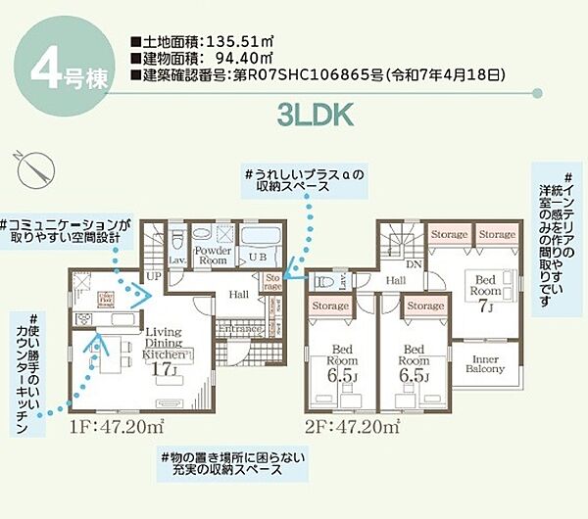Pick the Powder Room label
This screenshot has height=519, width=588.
click(212, 256)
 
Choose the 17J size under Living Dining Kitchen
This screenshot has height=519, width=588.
click(164, 368)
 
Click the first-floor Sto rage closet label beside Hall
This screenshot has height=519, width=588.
click(272, 282)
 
